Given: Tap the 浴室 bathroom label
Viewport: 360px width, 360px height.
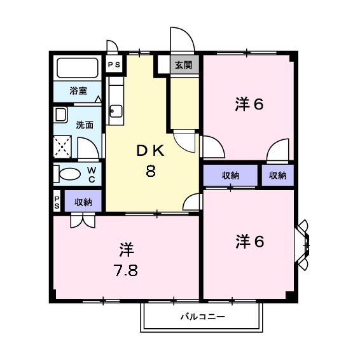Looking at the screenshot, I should click(x=78, y=90).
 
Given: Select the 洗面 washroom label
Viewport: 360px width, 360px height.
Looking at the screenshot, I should click(x=84, y=125).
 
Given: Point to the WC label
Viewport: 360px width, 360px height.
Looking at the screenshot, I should click(x=92, y=174).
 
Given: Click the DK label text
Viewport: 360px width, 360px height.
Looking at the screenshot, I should click(x=151, y=151).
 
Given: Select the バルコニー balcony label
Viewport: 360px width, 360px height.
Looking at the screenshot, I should click(x=203, y=316).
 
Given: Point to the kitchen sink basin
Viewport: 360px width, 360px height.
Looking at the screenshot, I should click(x=116, y=112).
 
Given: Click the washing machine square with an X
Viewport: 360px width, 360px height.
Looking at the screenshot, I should click(x=64, y=147).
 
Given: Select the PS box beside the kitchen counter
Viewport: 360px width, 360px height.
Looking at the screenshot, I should click(x=114, y=64).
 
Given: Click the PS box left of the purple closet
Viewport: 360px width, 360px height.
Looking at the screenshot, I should click(x=57, y=202).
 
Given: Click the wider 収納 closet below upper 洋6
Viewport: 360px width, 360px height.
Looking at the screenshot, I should click(x=230, y=176).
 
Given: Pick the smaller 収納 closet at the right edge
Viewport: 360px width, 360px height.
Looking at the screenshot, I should click(x=277, y=176).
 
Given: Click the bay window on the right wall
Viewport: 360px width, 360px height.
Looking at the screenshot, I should click(x=303, y=244).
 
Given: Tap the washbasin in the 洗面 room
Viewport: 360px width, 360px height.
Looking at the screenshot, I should click(x=61, y=116).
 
